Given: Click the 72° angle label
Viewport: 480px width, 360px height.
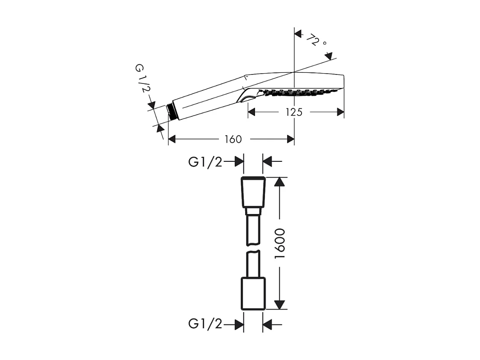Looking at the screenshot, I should [316, 42].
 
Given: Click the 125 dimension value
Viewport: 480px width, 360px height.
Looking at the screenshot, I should [294, 112].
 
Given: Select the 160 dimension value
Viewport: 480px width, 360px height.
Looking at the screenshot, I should [233, 139].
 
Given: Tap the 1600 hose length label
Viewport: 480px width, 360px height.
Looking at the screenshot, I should [280, 243].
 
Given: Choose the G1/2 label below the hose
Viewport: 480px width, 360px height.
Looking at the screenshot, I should [205, 324].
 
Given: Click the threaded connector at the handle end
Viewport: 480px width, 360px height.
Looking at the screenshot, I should [172, 111].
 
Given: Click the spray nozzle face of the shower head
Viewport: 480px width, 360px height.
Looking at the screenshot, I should [299, 91].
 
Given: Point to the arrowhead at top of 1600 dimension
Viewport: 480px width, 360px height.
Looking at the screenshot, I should [279, 181].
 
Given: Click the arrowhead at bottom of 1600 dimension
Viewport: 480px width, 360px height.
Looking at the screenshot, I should [279, 304].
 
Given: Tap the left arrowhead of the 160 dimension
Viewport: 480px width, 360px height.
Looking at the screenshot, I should [172, 139].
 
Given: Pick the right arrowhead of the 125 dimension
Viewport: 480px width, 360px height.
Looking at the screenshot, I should [341, 112].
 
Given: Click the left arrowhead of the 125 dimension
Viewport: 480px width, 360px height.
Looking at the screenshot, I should [252, 112].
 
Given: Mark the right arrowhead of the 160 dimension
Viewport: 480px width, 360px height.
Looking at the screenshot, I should [290, 139].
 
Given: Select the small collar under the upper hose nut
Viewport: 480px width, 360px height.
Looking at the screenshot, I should [253, 211].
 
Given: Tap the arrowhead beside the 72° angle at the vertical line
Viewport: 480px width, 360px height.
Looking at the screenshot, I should [298, 33].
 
